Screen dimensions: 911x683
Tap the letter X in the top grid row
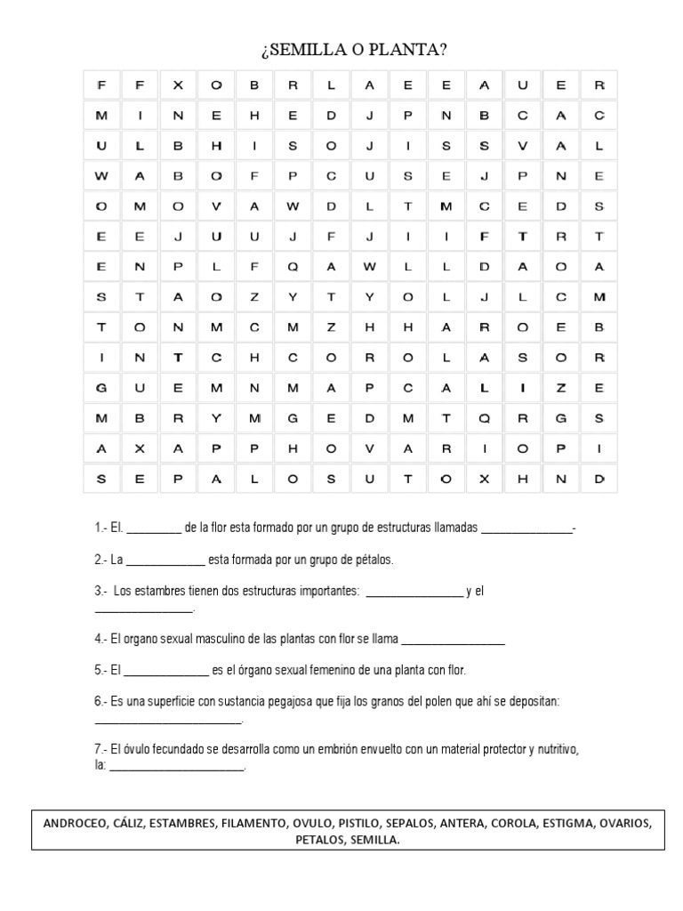(178, 85)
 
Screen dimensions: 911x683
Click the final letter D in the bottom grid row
(599, 479)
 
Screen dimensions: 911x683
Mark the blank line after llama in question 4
(454, 641)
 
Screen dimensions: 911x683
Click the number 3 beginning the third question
(98, 592)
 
